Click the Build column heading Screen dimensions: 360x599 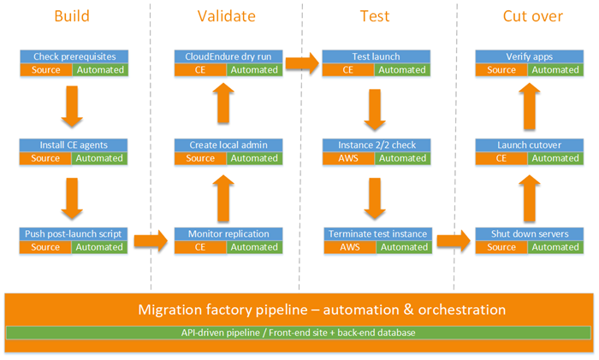pos(72,15)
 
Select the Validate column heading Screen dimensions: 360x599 pos(225,15)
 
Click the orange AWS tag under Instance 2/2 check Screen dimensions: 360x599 pos(349,158)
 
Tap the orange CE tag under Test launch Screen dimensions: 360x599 pos(349,69)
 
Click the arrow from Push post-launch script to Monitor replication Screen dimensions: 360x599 pos(151,240)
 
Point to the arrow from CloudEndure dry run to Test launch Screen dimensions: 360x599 pos(301,62)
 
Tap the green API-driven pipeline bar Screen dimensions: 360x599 pos(299,332)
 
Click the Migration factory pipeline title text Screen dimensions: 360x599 pos(299,309)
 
